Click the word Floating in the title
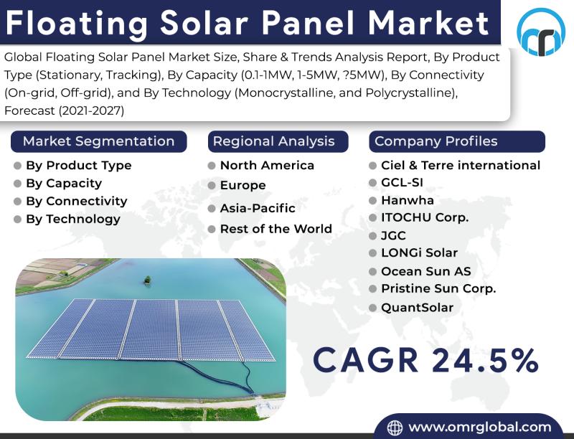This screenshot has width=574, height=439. pos(76,23)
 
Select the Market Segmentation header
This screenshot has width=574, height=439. pos(99,141)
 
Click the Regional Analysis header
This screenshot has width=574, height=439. pos(278,141)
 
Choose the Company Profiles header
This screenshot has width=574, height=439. pos(457,141)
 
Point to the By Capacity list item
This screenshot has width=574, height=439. pos(64,183)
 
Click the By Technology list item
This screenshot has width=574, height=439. pos(73,219)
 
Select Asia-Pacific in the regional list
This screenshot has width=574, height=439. pos(258,208)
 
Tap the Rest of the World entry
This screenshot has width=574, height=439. pos(276,229)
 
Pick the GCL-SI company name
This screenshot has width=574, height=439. pos(402,181)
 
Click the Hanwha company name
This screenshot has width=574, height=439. pos(408,200)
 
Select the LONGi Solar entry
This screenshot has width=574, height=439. pos(420,252)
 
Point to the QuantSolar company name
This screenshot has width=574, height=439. pos(418,308)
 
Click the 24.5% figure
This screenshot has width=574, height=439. pos(485,360)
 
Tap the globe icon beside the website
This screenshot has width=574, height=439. pos(395,428)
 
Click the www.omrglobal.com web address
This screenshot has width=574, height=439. pos(480,427)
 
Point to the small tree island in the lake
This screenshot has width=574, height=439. pos(148,280)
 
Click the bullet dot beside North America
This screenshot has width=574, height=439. pos(212,166)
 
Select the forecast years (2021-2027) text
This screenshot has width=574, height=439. pos(91,110)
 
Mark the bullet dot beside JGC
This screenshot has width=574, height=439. pos(372,235)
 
